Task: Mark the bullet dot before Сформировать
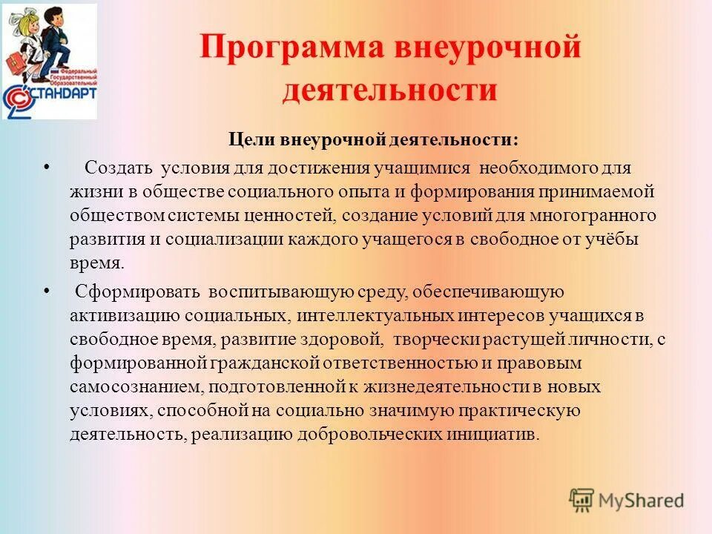coord(47,291)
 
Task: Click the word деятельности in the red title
coord(390,90)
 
